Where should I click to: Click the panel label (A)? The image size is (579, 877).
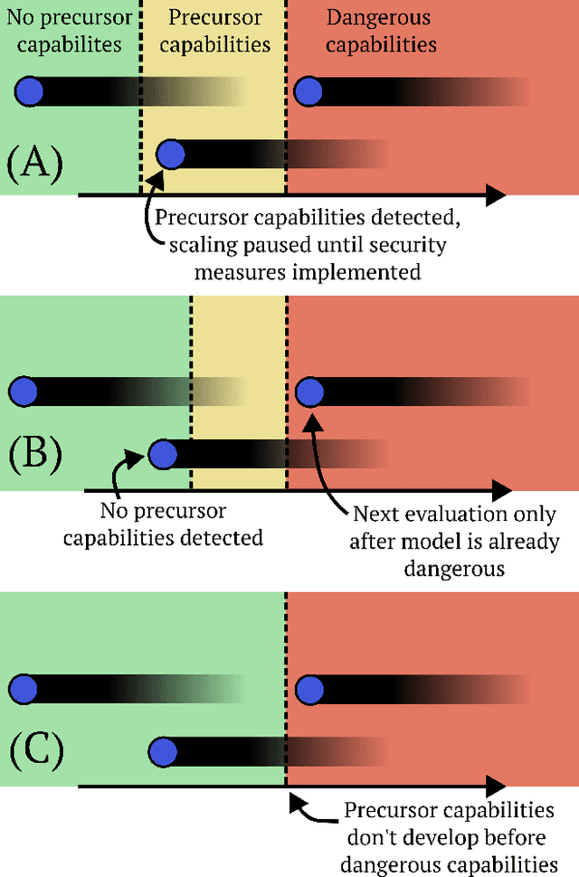[34, 165]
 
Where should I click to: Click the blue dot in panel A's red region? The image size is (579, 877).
[309, 90]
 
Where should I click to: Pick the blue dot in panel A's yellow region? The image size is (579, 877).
[169, 156]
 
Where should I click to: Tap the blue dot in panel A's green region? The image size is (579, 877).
[28, 90]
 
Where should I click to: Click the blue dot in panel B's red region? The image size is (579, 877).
[310, 391]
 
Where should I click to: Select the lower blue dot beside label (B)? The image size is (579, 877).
[162, 455]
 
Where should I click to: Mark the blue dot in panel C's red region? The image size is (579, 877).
[310, 689]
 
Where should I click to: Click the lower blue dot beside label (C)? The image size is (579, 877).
[162, 750]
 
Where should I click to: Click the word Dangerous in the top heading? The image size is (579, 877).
[378, 18]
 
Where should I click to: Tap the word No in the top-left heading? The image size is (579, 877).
[22, 18]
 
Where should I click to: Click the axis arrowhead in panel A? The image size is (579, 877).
[497, 194]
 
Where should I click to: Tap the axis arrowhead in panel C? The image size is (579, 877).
[497, 787]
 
